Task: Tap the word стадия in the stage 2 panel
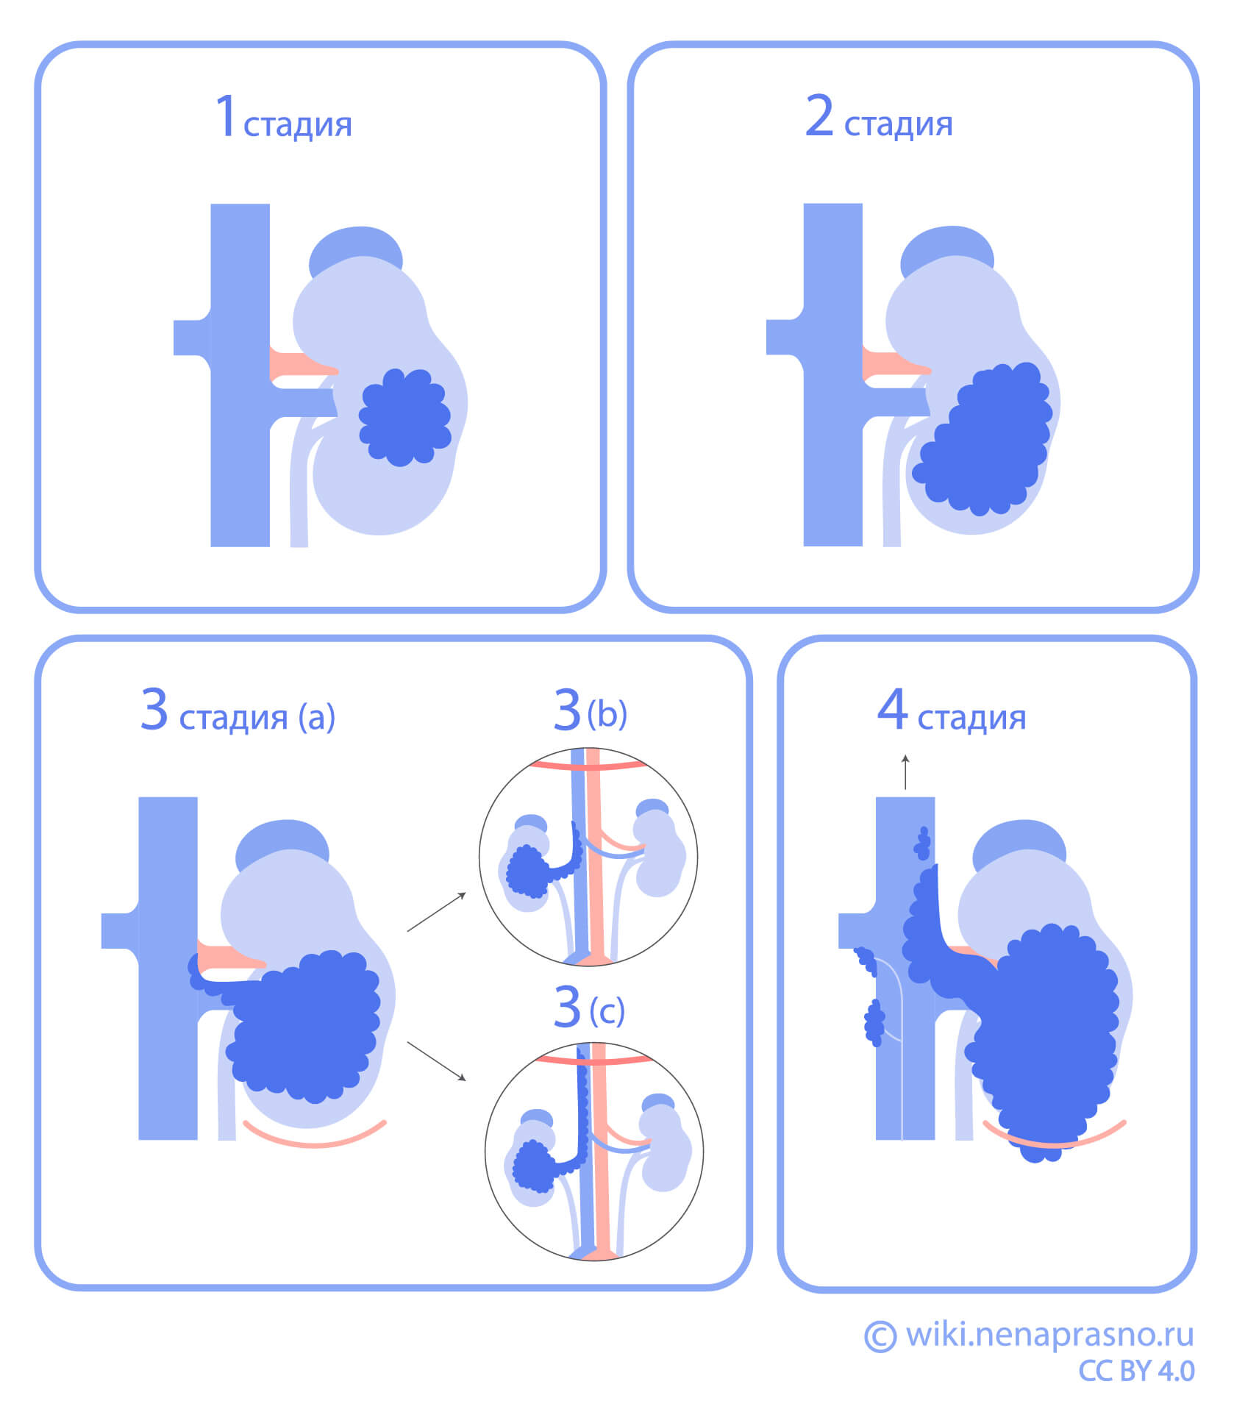(x=898, y=125)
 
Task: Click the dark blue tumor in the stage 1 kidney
(x=404, y=417)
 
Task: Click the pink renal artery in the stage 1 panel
(x=298, y=365)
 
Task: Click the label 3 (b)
(x=590, y=711)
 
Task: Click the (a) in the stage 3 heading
(x=317, y=717)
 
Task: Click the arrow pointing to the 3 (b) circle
(x=437, y=912)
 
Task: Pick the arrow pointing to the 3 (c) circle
(x=437, y=1061)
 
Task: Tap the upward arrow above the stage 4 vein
(x=905, y=771)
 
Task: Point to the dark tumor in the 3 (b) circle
(x=527, y=872)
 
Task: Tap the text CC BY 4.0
(x=1136, y=1371)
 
